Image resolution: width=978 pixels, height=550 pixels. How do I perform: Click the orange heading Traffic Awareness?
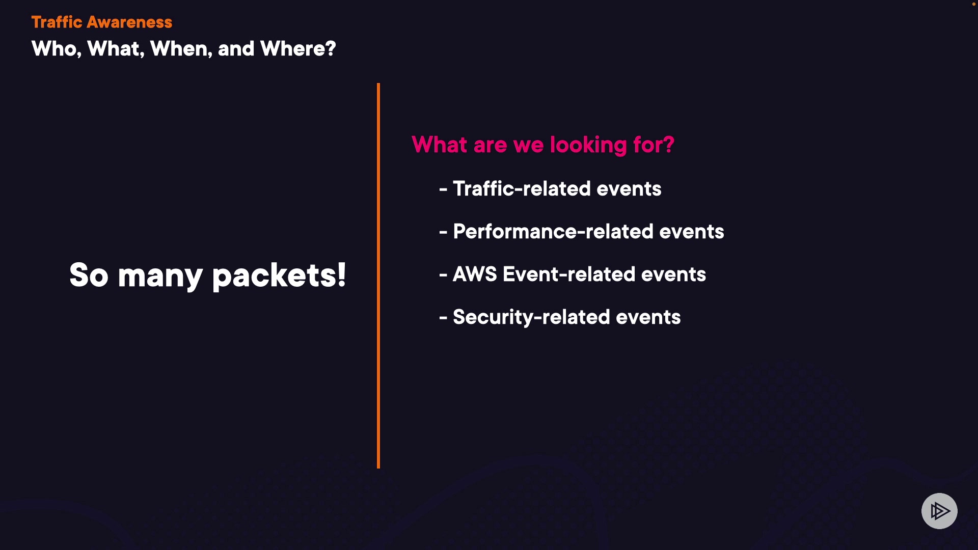click(x=101, y=22)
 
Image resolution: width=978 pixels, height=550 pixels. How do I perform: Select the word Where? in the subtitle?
click(x=298, y=49)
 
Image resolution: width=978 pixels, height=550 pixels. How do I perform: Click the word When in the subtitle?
click(x=181, y=49)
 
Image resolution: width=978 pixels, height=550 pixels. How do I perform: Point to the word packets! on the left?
click(x=279, y=276)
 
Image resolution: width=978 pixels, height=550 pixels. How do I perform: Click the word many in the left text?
click(x=160, y=276)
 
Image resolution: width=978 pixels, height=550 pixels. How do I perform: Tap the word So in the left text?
click(x=89, y=276)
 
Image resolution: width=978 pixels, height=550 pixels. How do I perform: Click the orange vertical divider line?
click(x=378, y=275)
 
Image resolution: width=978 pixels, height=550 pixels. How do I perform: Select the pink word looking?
click(x=588, y=145)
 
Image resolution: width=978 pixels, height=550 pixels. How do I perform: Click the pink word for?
click(x=654, y=145)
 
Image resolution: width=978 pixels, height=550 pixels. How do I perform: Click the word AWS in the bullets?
click(x=474, y=274)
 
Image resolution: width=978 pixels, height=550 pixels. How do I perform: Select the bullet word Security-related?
click(x=531, y=317)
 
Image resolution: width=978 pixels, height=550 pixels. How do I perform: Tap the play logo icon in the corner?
click(x=939, y=511)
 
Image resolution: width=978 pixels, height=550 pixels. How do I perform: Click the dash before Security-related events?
click(x=443, y=318)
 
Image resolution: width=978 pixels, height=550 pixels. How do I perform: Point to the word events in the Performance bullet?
click(x=691, y=232)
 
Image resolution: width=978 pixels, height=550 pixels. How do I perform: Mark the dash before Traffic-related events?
click(x=443, y=189)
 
